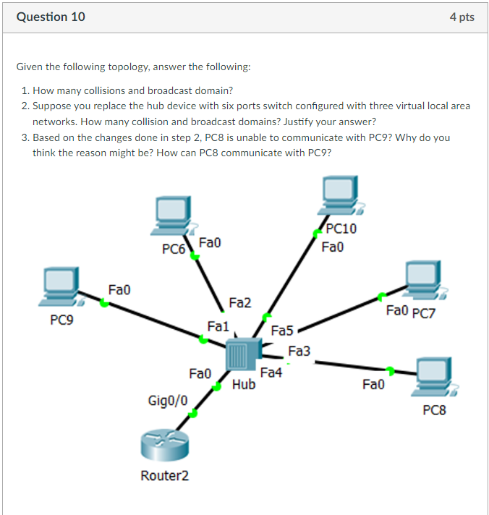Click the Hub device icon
[x=241, y=357]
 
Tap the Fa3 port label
[x=299, y=351]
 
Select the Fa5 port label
[x=281, y=331]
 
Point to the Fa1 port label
[x=218, y=326]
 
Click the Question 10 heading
[x=51, y=17]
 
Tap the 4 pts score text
[x=462, y=17]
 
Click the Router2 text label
[x=163, y=475]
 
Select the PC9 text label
[x=62, y=319]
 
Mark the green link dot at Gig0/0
[x=192, y=414]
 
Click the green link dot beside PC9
[x=105, y=304]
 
